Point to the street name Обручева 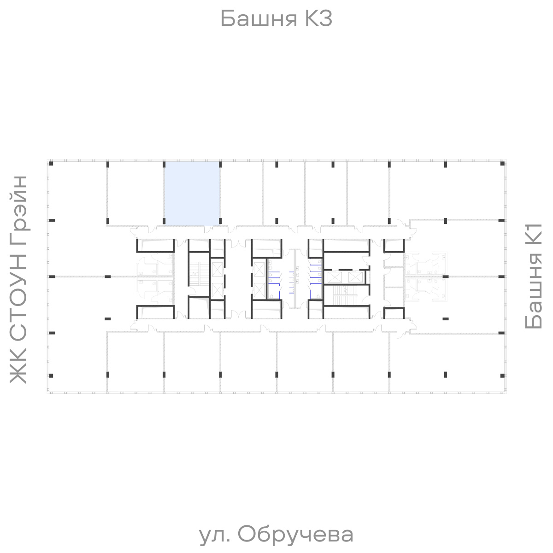pyautogui.click(x=296, y=535)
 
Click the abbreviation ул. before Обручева pyautogui.click(x=215, y=535)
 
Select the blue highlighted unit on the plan pyautogui.click(x=192, y=194)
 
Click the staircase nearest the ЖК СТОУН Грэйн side pyautogui.click(x=199, y=274)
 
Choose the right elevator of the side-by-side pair pyautogui.click(x=355, y=277)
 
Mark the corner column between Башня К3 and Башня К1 pyautogui.click(x=502, y=164)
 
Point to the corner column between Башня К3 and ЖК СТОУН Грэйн pyautogui.click(x=52, y=164)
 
